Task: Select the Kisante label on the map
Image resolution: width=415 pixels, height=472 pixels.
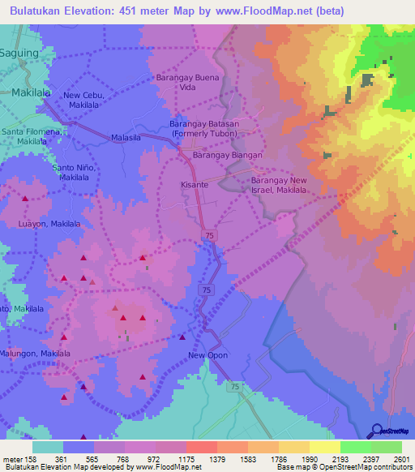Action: (x=194, y=185)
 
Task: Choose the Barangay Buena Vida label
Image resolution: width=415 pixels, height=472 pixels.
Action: (x=188, y=83)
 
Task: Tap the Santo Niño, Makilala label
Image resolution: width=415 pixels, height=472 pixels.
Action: (x=74, y=172)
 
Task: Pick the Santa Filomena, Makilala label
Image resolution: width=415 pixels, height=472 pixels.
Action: (x=33, y=135)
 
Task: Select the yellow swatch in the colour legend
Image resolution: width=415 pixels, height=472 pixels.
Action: (x=324, y=447)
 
